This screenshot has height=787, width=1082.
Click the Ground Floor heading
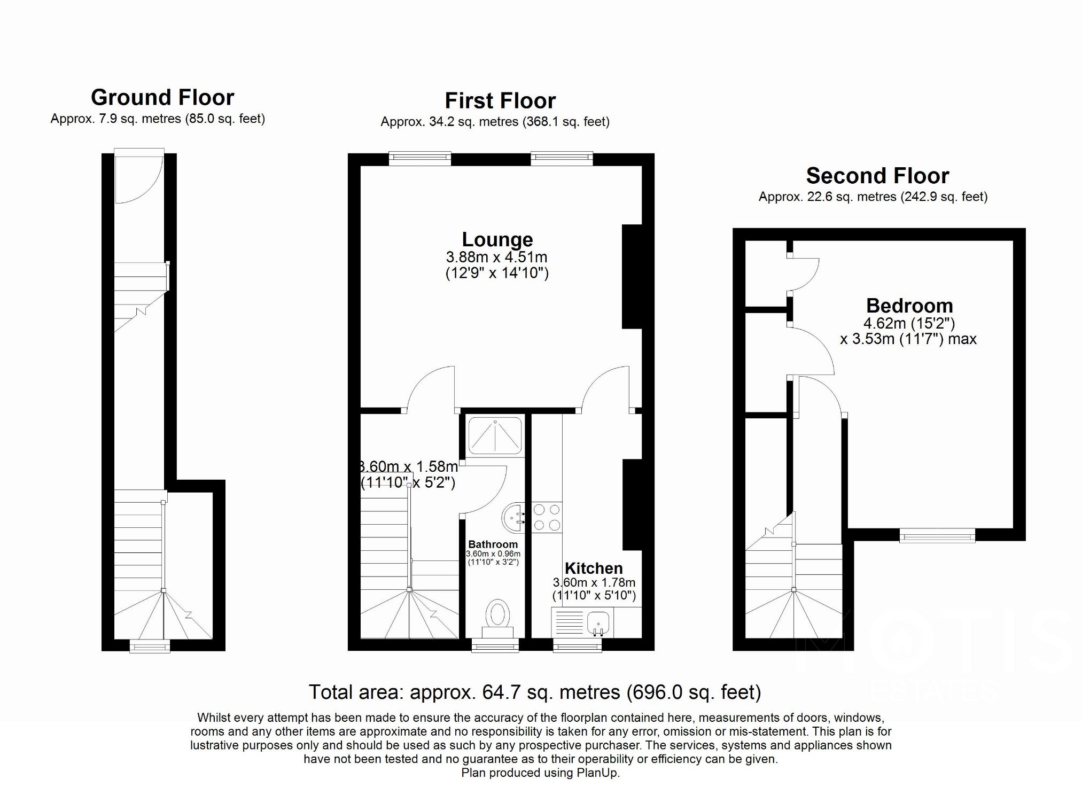tap(162, 98)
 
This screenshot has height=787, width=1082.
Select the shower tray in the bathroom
tap(495, 436)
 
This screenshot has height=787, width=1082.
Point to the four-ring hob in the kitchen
tap(547, 517)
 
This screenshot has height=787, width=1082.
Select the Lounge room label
tap(497, 239)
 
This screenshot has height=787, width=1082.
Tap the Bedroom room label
tap(909, 306)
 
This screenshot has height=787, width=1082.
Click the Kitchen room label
tap(593, 568)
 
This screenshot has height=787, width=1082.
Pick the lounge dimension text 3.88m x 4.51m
tap(496, 257)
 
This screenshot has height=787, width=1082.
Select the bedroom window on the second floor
tap(937, 535)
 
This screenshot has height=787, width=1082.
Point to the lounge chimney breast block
tap(632, 277)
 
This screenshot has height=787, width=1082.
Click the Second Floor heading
tap(877, 176)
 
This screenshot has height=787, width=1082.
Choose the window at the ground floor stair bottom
tap(150, 646)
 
